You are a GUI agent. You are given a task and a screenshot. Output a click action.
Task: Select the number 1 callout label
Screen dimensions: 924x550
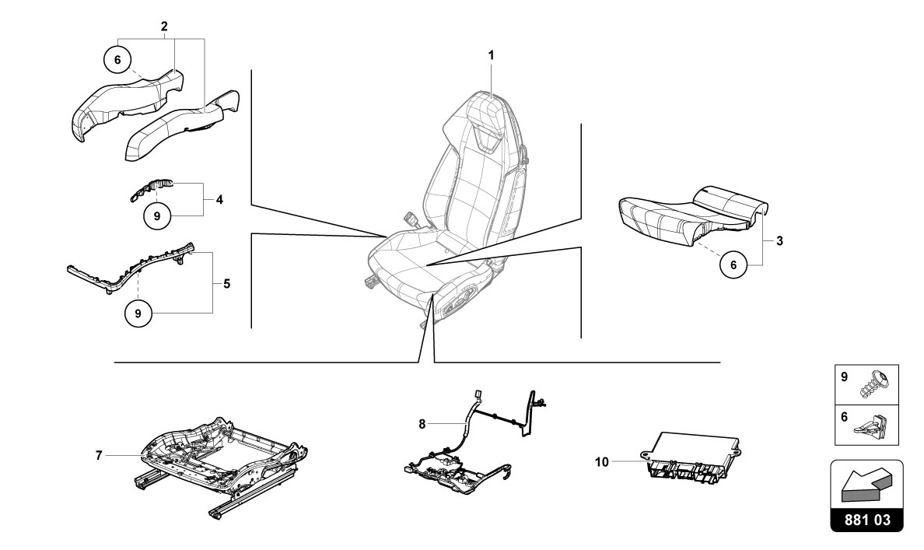point(491,55)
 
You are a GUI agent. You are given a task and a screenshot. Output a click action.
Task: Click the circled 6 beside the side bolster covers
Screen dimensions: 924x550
point(117,58)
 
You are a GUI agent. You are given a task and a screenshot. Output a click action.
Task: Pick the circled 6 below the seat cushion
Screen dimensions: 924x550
point(732,265)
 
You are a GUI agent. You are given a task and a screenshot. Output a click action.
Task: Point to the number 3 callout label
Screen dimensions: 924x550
point(779,241)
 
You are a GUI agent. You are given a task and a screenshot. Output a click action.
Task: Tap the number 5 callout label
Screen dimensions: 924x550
point(226,284)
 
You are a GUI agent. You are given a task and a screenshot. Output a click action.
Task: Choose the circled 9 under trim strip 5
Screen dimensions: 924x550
point(138,313)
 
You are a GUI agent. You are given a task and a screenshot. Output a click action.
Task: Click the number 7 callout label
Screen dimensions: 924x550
point(99,455)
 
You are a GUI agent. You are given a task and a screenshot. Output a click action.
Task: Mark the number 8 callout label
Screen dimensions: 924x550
point(422,424)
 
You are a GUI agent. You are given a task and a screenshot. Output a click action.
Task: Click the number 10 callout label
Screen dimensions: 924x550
point(601,461)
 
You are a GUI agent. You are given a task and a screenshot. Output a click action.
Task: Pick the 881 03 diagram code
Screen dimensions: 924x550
point(867,520)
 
